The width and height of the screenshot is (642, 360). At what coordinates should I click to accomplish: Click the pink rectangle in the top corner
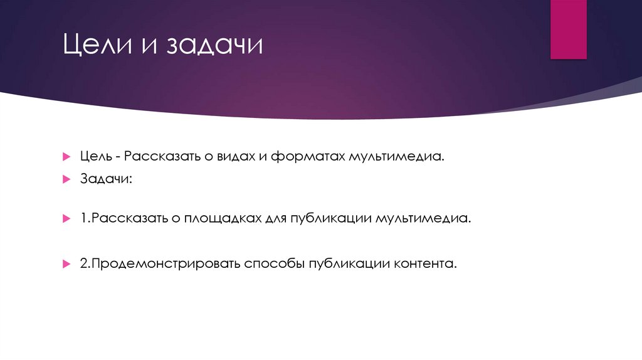[x=568, y=29]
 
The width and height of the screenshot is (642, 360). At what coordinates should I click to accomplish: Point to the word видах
[x=233, y=155]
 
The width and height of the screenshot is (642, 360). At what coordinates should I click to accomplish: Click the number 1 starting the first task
[x=83, y=219]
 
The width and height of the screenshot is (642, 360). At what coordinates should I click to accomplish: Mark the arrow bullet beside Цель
[x=66, y=156]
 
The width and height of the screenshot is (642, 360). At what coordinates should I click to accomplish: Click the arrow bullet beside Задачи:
[x=66, y=180]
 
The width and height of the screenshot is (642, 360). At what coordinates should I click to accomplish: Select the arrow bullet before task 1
[x=66, y=220]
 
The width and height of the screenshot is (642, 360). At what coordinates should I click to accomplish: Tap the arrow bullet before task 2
[x=66, y=265]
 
